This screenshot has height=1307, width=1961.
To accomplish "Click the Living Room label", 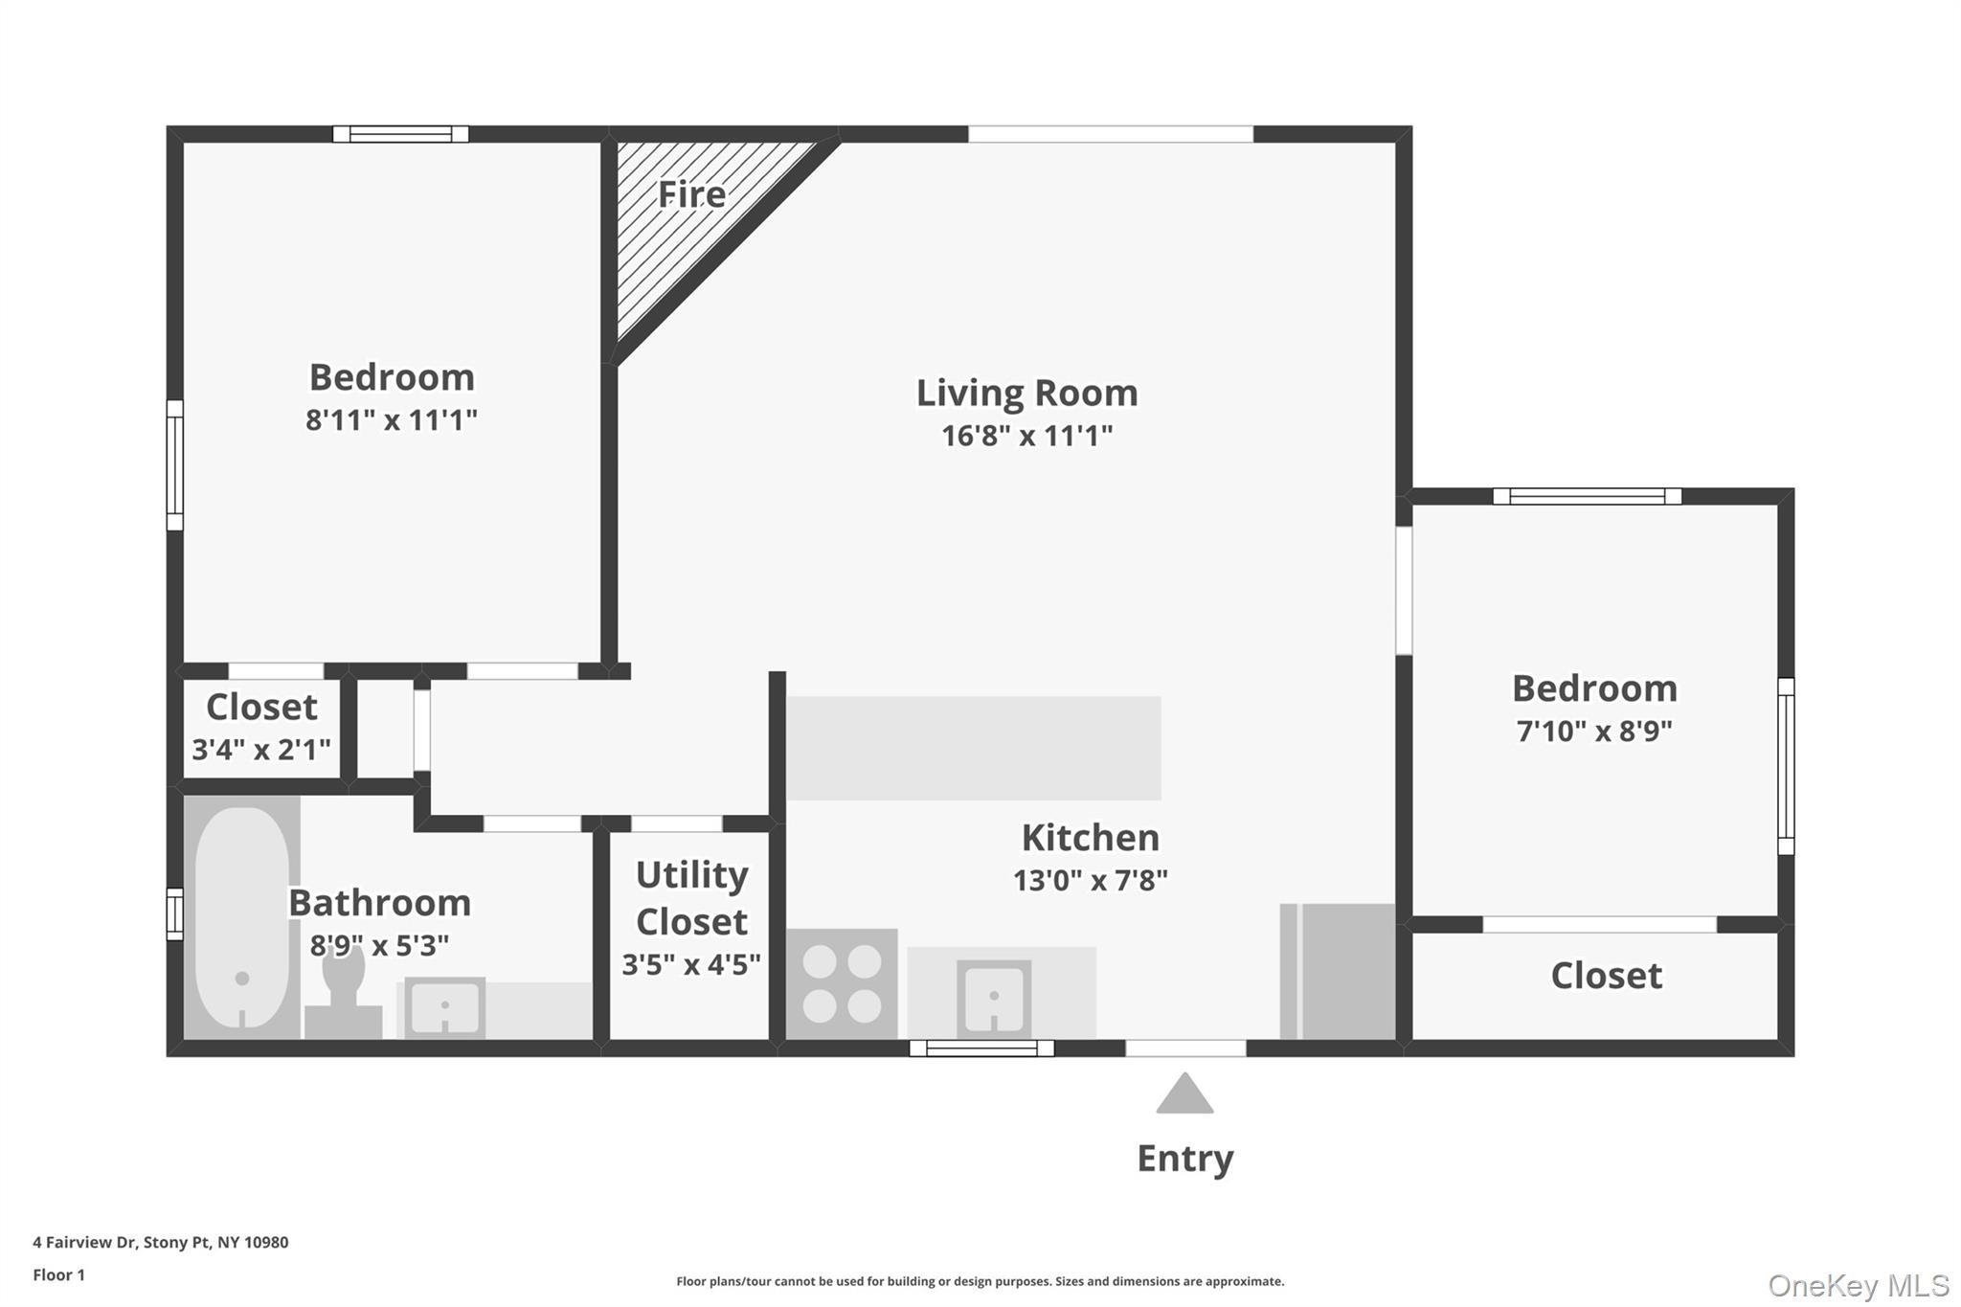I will [1026, 393].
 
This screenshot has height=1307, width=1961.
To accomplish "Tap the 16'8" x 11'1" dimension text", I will [1026, 436].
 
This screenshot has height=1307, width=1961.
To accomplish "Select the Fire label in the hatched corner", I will [691, 194].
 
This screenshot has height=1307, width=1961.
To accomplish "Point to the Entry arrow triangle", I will [1184, 1094].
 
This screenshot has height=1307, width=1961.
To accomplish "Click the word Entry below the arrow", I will [1184, 1159].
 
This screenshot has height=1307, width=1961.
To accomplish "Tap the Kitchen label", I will [1090, 838].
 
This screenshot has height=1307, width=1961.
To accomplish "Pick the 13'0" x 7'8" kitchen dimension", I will [1090, 880].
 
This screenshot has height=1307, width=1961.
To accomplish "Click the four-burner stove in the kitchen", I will [842, 983].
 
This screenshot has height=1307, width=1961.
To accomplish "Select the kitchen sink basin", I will [994, 998].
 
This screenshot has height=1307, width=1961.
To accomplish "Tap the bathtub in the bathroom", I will [241, 917].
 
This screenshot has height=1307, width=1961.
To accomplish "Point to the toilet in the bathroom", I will [343, 996].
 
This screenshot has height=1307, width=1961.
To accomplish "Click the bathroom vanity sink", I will [444, 1006].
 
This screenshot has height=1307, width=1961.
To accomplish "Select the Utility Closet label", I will [691, 898].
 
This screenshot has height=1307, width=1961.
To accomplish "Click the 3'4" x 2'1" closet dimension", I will [261, 749].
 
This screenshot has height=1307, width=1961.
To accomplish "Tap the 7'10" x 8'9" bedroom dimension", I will [1594, 731].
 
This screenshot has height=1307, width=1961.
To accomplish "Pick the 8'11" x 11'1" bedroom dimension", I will [391, 419].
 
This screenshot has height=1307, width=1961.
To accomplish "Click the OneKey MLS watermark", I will [1858, 1285].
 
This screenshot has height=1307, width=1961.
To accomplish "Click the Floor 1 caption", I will [58, 1274].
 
